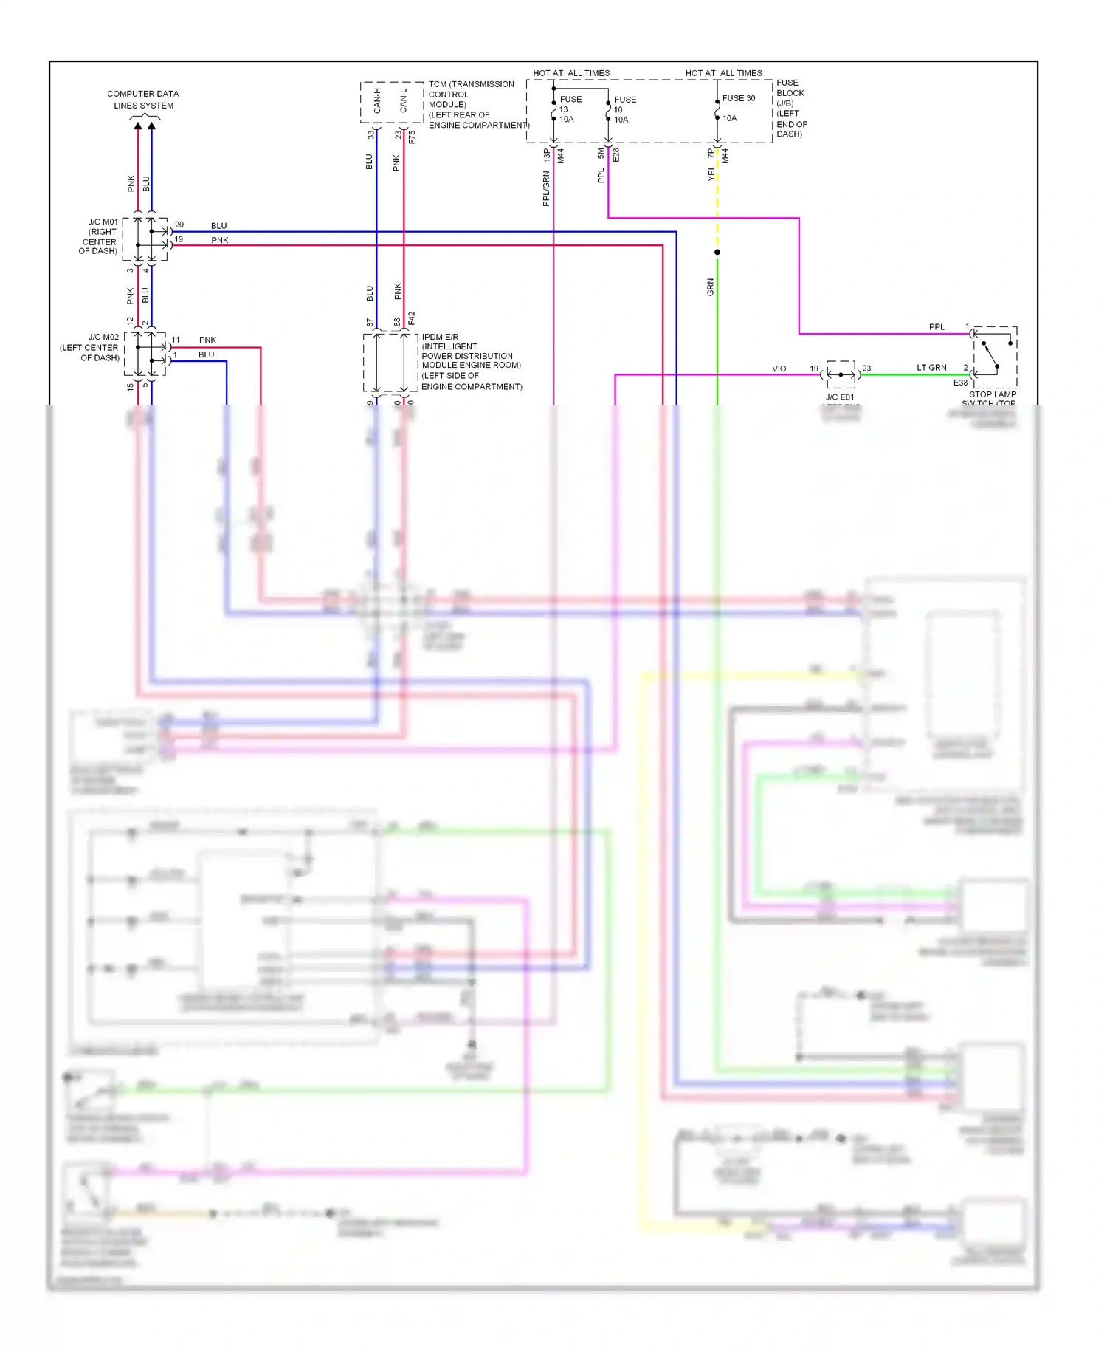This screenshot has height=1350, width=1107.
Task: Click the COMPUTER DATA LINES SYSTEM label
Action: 143,100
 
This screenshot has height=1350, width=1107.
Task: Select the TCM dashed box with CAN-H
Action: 391,102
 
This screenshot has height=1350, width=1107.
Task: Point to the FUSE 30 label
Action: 739,98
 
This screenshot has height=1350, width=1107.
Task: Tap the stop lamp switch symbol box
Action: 995,357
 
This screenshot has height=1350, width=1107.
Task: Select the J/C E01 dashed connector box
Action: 841,374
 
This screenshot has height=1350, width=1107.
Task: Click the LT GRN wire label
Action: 931,367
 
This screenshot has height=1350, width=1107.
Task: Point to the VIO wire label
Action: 779,369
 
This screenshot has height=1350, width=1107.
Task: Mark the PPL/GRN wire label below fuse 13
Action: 546,188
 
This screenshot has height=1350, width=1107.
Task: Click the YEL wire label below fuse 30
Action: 711,174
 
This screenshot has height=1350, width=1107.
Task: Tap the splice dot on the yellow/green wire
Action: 717,252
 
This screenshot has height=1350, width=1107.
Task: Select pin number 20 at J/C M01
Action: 179,225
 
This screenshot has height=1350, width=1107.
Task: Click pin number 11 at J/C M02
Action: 176,340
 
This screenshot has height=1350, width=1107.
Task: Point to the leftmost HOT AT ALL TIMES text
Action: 571,73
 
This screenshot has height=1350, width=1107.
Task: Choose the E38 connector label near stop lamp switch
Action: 960,383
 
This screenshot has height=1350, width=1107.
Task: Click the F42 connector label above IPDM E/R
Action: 412,318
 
